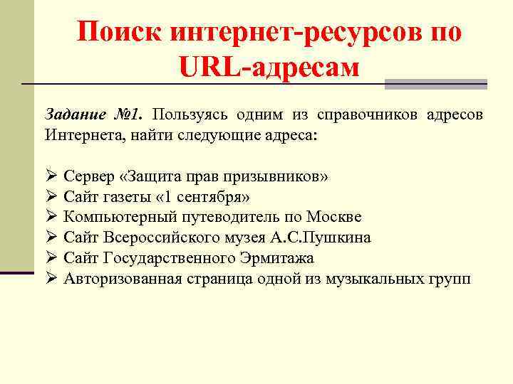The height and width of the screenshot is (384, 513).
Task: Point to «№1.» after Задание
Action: click(128, 114)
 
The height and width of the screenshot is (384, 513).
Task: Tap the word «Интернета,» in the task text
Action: click(81, 134)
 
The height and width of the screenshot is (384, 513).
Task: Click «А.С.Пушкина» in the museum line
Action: click(331, 238)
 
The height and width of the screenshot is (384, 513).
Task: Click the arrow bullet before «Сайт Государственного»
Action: click(51, 258)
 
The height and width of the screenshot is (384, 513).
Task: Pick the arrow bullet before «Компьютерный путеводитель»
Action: click(51, 217)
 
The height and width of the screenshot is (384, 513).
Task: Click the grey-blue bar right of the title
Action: click(435, 85)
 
